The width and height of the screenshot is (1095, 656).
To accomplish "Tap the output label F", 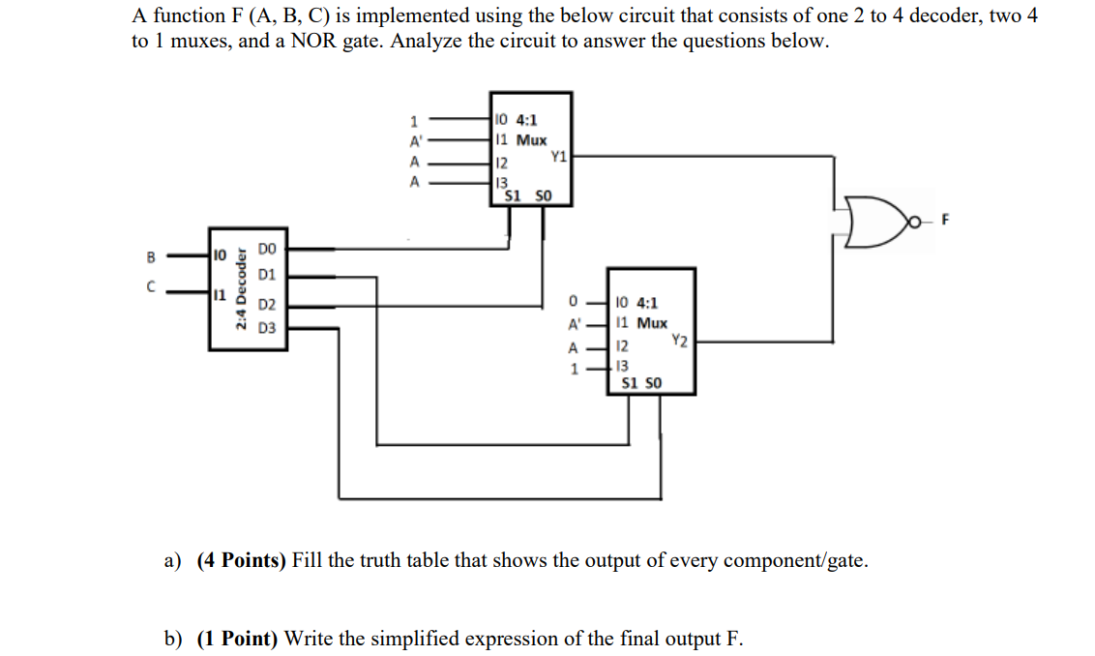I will pos(946,221).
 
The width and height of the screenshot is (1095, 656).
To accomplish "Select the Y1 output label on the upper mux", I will pos(558,155).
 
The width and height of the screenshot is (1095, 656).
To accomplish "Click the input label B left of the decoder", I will pos(150,257).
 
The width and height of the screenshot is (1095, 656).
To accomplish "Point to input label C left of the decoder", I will pos(150,287).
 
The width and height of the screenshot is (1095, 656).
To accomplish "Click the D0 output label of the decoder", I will pos(267,250).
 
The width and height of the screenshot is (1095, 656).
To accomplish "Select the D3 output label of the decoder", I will pos(267,329).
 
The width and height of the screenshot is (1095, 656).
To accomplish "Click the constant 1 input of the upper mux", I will pos(414,121).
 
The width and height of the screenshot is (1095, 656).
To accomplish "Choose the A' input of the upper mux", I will pos(414,140).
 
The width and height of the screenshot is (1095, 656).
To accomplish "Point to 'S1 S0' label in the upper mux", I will pos(528,195).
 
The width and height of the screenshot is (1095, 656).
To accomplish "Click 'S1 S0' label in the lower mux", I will pos(642,383).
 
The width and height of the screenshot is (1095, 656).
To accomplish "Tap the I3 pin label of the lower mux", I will pos(622,366).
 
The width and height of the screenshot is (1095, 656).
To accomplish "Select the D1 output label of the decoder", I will pos(267,276).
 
